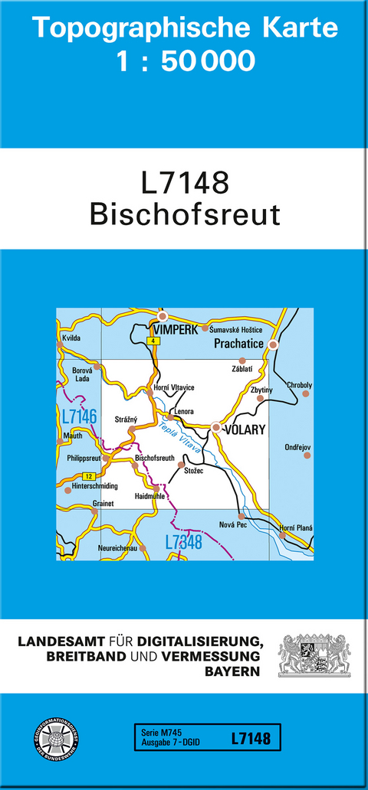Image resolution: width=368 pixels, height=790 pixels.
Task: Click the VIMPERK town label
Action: pyautogui.click(x=176, y=328)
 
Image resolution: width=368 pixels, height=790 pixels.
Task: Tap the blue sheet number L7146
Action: pyautogui.click(x=78, y=417)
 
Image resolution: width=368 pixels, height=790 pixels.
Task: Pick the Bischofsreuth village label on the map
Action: pyautogui.click(x=156, y=459)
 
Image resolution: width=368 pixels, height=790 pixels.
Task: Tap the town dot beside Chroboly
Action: pyautogui.click(x=305, y=393)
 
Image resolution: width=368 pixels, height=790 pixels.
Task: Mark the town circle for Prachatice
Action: pyautogui.click(x=273, y=345)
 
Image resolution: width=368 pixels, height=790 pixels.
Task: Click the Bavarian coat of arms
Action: pyautogui.click(x=314, y=655)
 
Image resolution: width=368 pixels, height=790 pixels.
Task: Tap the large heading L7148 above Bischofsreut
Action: pyautogui.click(x=185, y=183)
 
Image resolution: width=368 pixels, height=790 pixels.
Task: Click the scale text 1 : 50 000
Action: pyautogui.click(x=185, y=60)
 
